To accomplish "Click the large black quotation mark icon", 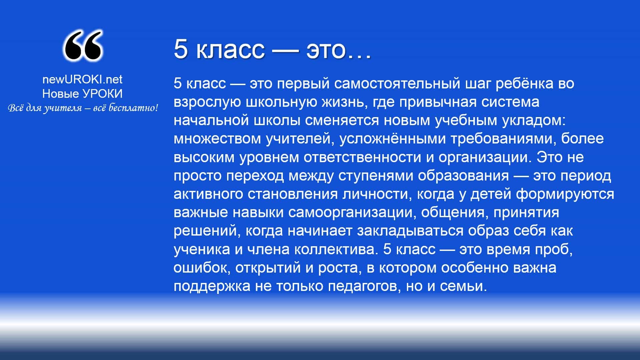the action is tap(82, 46).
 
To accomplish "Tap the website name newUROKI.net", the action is tap(82, 79).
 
